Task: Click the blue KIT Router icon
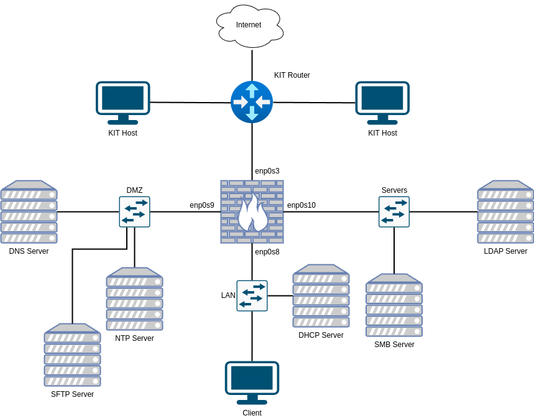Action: [x=252, y=102]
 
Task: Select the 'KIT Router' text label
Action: [x=292, y=75]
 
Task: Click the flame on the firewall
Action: [x=252, y=213]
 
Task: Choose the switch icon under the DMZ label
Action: [x=135, y=212]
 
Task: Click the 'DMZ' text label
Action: [x=135, y=190]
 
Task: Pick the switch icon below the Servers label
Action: [x=394, y=212]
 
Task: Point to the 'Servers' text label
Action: [x=394, y=190]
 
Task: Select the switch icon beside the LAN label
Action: [x=252, y=295]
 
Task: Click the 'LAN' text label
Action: [x=228, y=295]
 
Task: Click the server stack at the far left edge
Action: [x=29, y=212]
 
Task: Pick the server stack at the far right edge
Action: [x=505, y=212]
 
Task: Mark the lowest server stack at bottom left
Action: [x=72, y=355]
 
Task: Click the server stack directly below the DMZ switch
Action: [x=134, y=299]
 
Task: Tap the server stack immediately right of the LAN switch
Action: [x=321, y=296]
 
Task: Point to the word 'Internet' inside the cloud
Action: [x=249, y=25]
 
